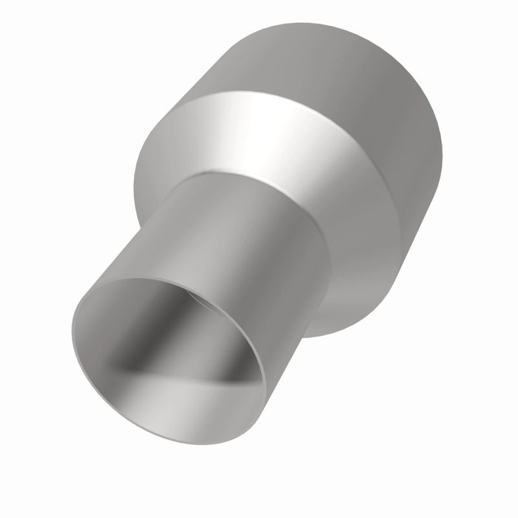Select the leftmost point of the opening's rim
(73, 333)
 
